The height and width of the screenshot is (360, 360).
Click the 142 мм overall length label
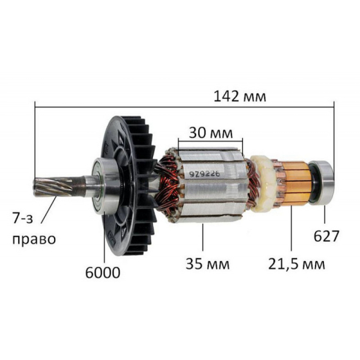(240, 96)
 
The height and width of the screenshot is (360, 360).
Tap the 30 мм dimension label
(211, 133)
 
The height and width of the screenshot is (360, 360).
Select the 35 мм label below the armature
(207, 264)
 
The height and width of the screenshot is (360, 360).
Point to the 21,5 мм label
(296, 264)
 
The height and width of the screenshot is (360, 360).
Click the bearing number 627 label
(327, 236)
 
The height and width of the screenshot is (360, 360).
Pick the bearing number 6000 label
(103, 273)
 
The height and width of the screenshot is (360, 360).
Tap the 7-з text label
(22, 218)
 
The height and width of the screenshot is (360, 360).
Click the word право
(34, 239)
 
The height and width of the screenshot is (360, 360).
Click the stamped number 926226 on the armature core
(205, 174)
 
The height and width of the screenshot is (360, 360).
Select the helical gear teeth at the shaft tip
(53, 187)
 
